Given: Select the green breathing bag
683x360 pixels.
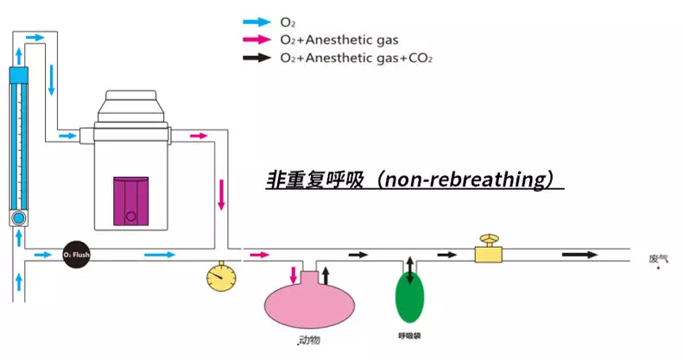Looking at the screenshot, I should (x=410, y=295).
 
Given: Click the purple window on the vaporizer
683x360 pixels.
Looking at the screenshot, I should (x=131, y=202).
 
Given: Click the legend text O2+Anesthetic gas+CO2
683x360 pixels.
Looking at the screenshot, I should (x=356, y=58).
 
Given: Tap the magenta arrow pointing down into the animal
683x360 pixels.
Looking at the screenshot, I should (x=294, y=277).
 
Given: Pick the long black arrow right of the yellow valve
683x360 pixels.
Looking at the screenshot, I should (x=579, y=255).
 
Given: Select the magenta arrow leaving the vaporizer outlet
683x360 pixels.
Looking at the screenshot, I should (x=198, y=136).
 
